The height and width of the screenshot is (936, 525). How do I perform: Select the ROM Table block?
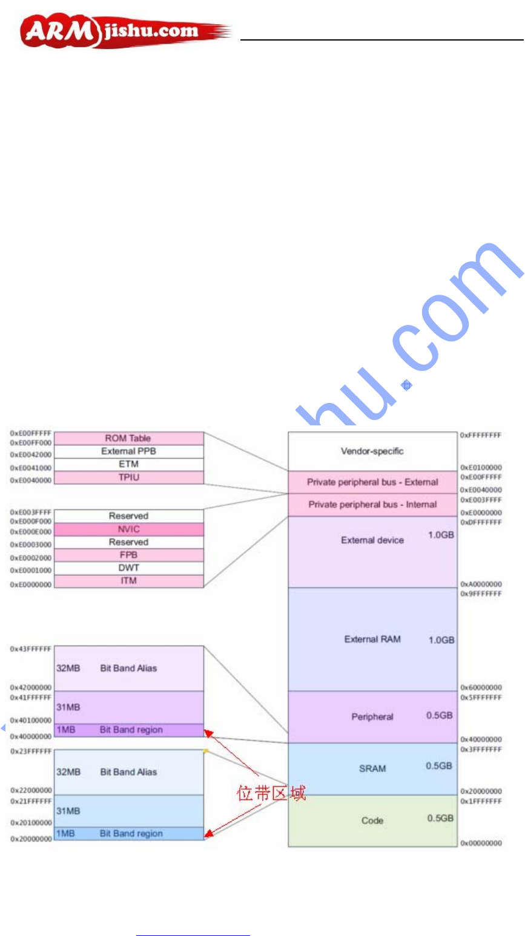pos(128,438)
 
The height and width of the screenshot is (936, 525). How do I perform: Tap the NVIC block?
pos(128,529)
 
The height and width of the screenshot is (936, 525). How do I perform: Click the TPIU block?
pos(128,477)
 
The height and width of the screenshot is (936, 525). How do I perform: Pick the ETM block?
pos(128,464)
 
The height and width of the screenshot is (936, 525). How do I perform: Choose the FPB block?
pos(128,555)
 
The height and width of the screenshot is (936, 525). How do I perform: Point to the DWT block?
pos(128,568)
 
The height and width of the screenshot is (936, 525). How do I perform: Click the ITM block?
pos(128,581)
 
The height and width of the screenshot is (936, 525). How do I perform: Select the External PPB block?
pos(128,451)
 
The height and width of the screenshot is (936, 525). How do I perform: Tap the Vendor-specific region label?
pos(372,451)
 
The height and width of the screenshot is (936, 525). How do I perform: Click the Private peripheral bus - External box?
pos(372,482)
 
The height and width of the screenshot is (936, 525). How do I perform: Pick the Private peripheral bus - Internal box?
pos(372,504)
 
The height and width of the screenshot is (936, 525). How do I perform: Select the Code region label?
pos(372,820)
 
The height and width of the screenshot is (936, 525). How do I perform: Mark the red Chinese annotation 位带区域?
pos(271,793)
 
